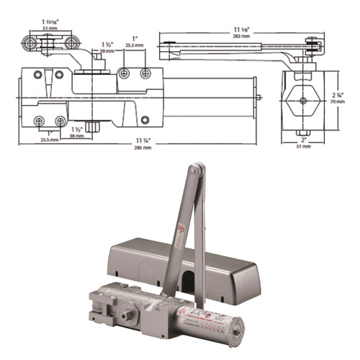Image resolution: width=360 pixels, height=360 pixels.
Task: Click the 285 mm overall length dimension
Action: (x=142, y=144)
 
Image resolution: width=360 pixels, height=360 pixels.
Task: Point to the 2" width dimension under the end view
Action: (x=302, y=141)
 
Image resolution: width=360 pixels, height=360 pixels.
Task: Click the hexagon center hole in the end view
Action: (x=303, y=99)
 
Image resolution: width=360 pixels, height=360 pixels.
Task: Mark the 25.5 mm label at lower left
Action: (x=49, y=139)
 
